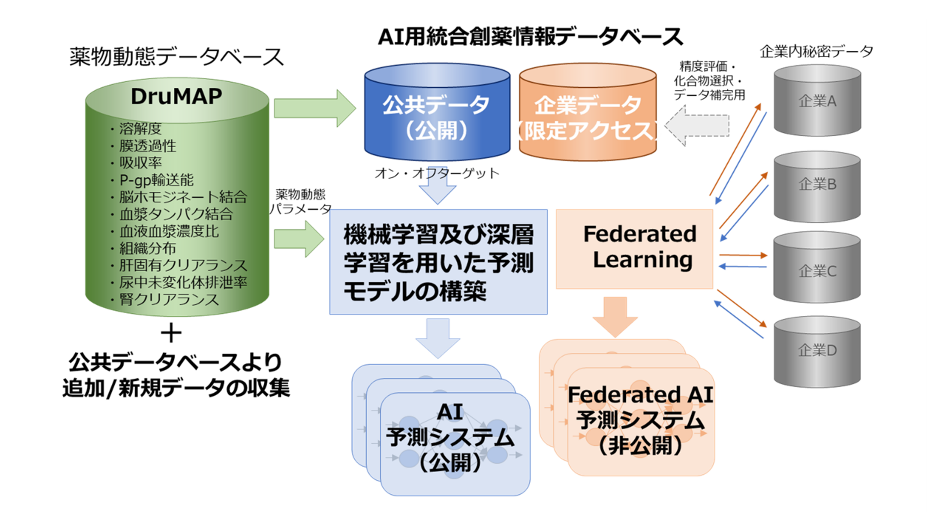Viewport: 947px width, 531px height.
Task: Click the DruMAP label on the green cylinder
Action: (x=176, y=96)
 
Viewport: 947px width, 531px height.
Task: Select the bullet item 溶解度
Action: (x=140, y=129)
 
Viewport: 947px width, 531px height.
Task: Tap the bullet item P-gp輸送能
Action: (x=156, y=180)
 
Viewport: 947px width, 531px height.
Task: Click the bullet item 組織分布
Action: (x=147, y=249)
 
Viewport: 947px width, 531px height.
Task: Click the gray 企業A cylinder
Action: (x=817, y=101)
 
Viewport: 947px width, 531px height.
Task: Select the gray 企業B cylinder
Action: (x=817, y=184)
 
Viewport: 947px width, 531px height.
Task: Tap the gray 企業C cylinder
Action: (x=817, y=271)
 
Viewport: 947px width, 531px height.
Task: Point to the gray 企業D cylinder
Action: (x=817, y=350)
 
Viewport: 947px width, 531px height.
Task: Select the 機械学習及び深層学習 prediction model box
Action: (x=438, y=262)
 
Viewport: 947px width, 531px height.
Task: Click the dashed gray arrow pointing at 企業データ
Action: (x=697, y=125)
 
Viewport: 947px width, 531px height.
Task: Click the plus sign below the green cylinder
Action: (x=171, y=334)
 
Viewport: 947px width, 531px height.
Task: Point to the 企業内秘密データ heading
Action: (x=816, y=52)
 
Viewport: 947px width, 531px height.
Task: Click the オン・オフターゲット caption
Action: (x=437, y=173)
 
